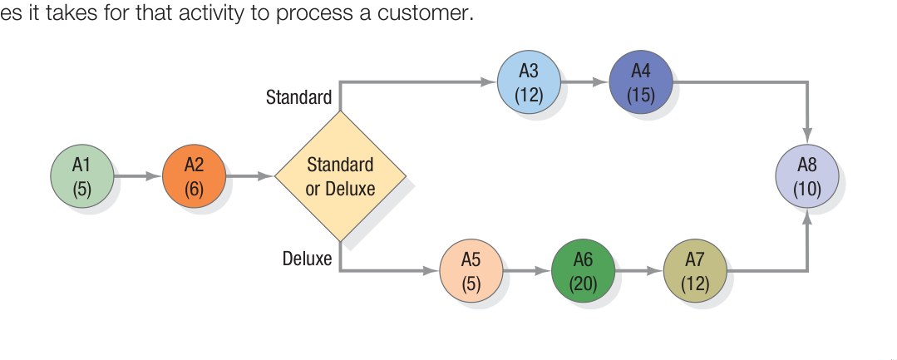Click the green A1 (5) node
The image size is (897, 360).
(x=81, y=176)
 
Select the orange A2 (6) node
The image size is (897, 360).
(x=194, y=176)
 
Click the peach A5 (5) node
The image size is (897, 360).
(x=471, y=270)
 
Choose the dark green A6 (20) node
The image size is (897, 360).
(x=584, y=270)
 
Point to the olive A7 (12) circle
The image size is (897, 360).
(x=695, y=270)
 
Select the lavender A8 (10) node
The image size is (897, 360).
(x=806, y=176)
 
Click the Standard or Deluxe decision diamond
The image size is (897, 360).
(x=341, y=176)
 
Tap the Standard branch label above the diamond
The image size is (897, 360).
(x=298, y=97)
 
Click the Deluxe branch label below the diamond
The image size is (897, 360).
(x=307, y=259)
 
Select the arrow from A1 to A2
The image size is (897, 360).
(x=137, y=176)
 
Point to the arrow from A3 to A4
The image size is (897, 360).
(x=584, y=82)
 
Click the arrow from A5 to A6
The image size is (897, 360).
(x=527, y=270)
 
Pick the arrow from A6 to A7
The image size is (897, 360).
(x=639, y=270)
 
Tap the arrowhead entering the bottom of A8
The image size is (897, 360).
(x=806, y=218)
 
